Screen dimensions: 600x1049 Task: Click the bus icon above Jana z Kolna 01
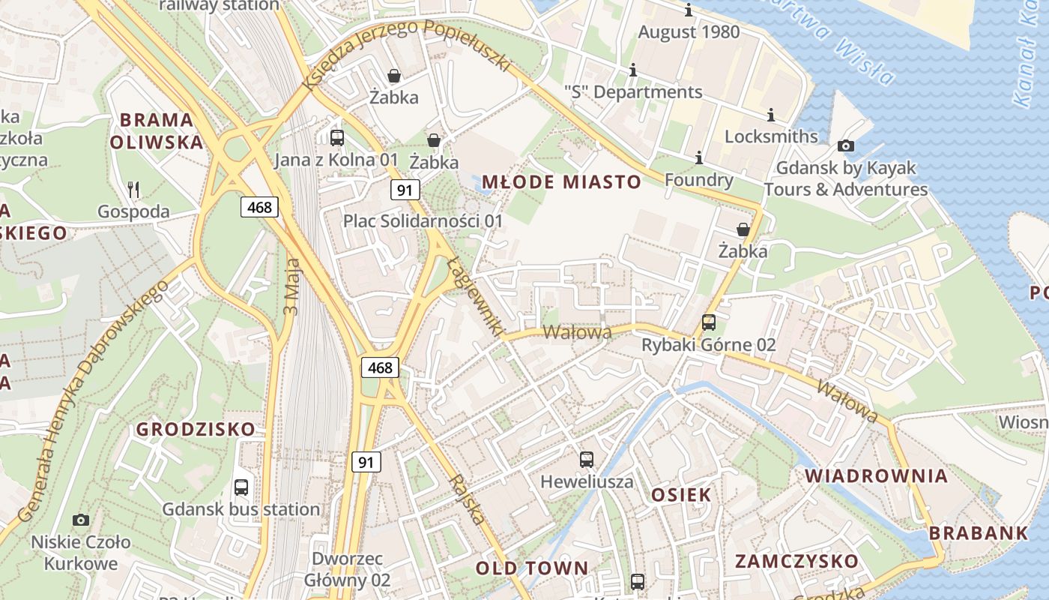[x=337, y=138]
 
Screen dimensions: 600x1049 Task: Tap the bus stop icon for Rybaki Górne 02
[x=709, y=323]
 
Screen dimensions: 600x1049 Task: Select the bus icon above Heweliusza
[x=587, y=460]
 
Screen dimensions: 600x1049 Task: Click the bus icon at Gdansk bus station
[x=241, y=487]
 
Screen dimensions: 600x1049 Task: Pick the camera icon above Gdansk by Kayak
[x=846, y=145]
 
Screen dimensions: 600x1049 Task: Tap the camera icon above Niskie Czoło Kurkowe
[x=81, y=520]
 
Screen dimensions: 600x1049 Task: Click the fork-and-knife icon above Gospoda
[x=133, y=189]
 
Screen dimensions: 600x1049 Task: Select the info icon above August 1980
[x=689, y=10]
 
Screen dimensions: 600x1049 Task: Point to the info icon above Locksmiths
[x=771, y=115]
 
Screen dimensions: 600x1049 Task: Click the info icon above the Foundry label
[x=699, y=158]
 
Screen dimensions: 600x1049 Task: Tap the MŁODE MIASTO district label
[x=561, y=181]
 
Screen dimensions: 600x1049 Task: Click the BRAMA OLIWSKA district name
[x=157, y=130]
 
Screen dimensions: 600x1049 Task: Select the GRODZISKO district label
[x=196, y=430]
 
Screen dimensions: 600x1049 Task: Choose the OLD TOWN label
[x=532, y=568]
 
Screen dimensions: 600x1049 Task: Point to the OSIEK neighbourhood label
[x=681, y=494]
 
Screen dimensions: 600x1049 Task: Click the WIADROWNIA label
[x=876, y=475]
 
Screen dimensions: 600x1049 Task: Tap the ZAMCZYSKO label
[x=796, y=561]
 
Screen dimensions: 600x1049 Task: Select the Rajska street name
[x=466, y=499]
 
